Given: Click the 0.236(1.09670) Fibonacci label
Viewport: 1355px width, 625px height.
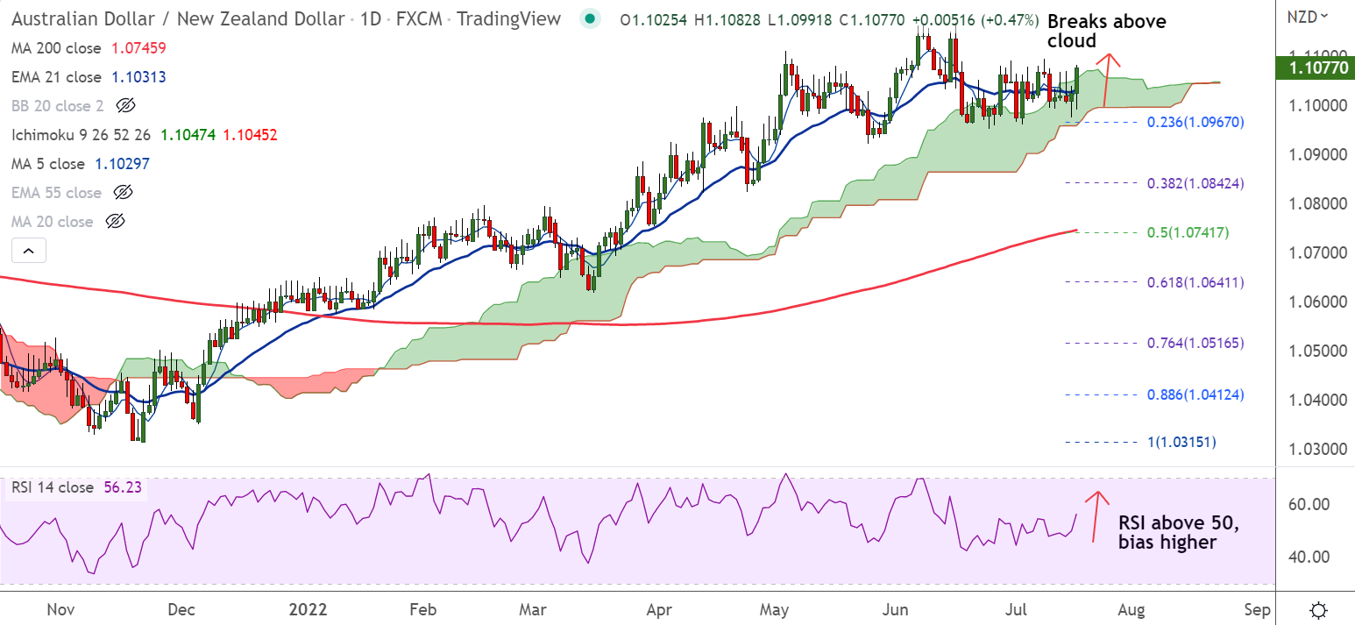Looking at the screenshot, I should tap(1183, 122).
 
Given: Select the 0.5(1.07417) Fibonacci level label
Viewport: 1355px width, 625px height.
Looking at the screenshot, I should tap(1183, 232).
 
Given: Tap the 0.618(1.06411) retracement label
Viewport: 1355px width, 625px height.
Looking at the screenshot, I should tap(1183, 282).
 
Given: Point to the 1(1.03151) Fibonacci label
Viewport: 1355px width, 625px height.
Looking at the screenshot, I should tap(1183, 442).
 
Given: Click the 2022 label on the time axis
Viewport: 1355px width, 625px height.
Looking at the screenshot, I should tap(309, 608).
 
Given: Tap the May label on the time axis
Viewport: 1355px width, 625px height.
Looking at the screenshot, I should tap(775, 608).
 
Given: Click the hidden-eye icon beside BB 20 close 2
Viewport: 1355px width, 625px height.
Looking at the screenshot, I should tap(125, 106).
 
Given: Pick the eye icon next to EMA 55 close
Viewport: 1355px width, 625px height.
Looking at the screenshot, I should tap(124, 193).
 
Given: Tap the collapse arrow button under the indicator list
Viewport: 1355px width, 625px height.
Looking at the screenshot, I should tap(28, 252).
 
